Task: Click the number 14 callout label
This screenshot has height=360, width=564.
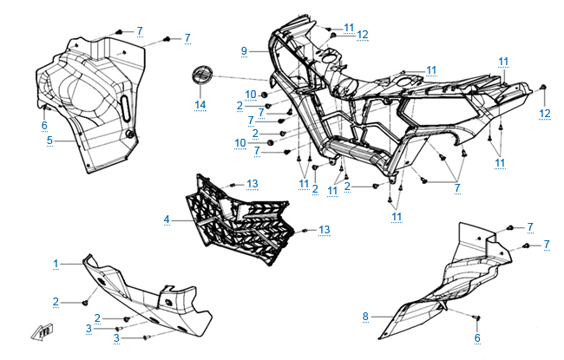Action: pos(200,105)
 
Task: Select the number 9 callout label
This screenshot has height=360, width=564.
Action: pos(245,51)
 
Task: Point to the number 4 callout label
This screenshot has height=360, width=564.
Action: pos(166,219)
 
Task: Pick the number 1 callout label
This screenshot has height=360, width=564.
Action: pos(56,262)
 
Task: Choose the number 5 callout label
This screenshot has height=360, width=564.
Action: pos(49,140)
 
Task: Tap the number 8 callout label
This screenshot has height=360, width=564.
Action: pos(365,317)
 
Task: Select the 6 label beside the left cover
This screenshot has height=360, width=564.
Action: pos(44,125)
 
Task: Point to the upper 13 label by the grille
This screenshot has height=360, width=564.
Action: pos(252,184)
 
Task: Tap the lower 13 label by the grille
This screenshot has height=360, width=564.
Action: pos(324,230)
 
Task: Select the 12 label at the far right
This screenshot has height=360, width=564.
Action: pos(544,113)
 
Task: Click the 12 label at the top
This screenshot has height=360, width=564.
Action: pos(363,35)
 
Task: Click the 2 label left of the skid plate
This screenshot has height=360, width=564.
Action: pos(56,302)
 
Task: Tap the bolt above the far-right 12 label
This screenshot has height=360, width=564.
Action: pos(543,88)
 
